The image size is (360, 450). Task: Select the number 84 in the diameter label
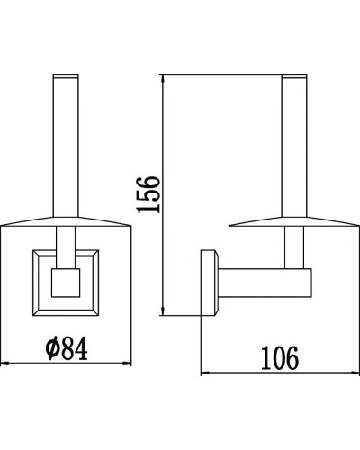77,347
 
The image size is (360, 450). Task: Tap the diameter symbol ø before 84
49,348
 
